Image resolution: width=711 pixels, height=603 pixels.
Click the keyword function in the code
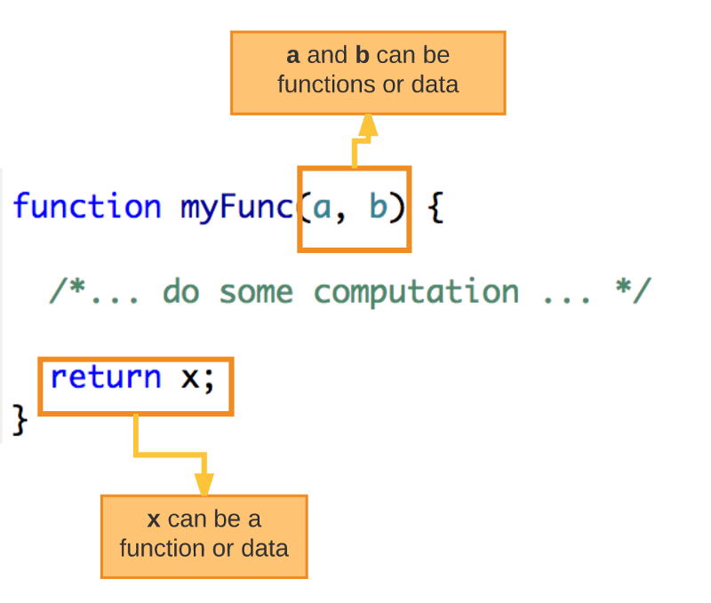click(87, 206)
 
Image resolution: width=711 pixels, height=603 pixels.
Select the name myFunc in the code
click(237, 208)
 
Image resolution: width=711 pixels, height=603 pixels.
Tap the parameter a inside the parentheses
click(322, 209)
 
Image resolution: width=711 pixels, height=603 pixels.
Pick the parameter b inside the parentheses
click(379, 206)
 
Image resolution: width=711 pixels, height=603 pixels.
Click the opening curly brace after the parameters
click(435, 208)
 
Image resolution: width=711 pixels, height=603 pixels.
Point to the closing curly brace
click(20, 420)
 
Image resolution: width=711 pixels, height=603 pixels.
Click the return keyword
click(106, 377)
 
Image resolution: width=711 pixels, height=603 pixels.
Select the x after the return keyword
click(190, 378)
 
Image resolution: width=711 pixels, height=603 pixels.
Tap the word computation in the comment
click(416, 292)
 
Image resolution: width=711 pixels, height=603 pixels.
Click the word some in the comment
click(257, 293)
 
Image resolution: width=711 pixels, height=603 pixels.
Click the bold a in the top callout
click(293, 56)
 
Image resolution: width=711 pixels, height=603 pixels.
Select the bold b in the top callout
click(363, 55)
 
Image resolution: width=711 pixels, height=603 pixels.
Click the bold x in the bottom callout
click(154, 520)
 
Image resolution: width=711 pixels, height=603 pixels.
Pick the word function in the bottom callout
click(163, 548)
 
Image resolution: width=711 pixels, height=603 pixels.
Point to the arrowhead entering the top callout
click(368, 125)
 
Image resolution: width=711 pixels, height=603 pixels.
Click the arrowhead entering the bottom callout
click(204, 484)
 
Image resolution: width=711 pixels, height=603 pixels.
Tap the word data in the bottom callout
click(265, 548)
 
